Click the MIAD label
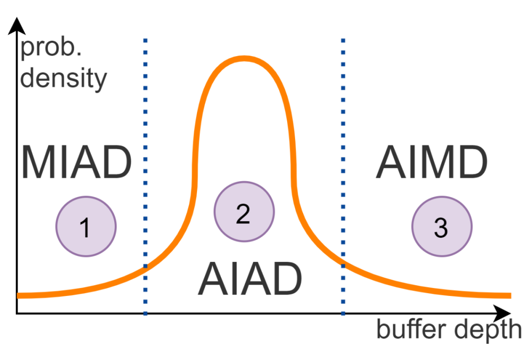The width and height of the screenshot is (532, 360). click(x=76, y=162)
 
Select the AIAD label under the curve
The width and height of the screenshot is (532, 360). click(x=249, y=279)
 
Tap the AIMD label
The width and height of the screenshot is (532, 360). click(x=432, y=162)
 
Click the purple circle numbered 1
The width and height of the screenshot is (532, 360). click(x=86, y=226)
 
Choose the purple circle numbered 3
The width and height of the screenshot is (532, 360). click(x=442, y=226)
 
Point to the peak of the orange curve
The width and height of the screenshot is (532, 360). click(x=244, y=59)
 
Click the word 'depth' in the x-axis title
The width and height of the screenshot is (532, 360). click(x=489, y=329)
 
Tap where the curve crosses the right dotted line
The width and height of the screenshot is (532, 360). click(x=343, y=263)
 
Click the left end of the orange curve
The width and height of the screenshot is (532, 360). click(x=19, y=295)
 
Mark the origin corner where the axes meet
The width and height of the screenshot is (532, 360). click(x=17, y=313)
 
